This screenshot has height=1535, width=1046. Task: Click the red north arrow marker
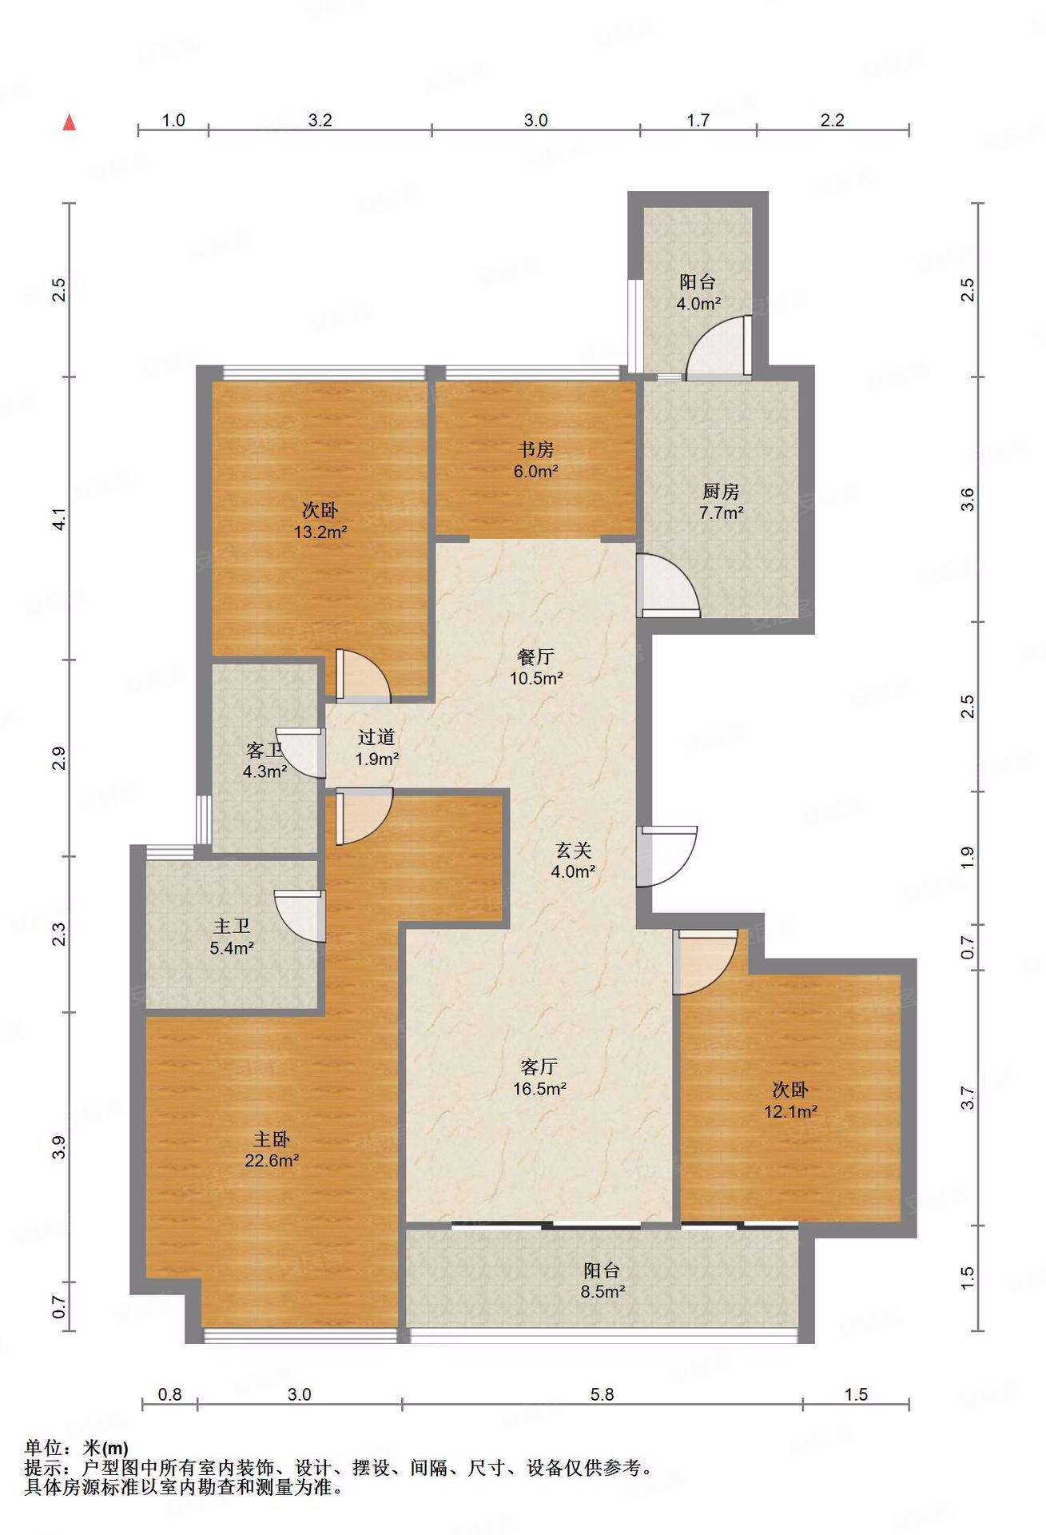tap(70, 122)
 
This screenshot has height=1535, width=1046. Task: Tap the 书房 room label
tap(535, 449)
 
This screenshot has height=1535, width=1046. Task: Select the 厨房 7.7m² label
tap(721, 502)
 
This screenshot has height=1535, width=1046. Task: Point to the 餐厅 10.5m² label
tap(536, 668)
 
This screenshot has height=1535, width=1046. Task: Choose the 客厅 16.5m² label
tap(539, 1077)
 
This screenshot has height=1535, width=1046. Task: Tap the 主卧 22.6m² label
tap(272, 1150)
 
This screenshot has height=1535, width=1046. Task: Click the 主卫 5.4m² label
tap(232, 937)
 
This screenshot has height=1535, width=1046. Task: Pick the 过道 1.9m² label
tap(376, 748)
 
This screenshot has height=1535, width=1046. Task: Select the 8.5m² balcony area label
tap(603, 1291)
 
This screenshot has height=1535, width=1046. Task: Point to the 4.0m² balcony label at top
tap(698, 304)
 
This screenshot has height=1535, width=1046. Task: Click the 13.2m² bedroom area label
tap(320, 532)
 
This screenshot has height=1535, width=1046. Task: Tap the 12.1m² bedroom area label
tap(790, 1111)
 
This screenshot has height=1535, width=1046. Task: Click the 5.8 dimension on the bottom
tap(602, 1394)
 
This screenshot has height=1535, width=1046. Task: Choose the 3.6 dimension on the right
tap(968, 500)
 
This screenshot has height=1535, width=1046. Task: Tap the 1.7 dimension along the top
tap(698, 120)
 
